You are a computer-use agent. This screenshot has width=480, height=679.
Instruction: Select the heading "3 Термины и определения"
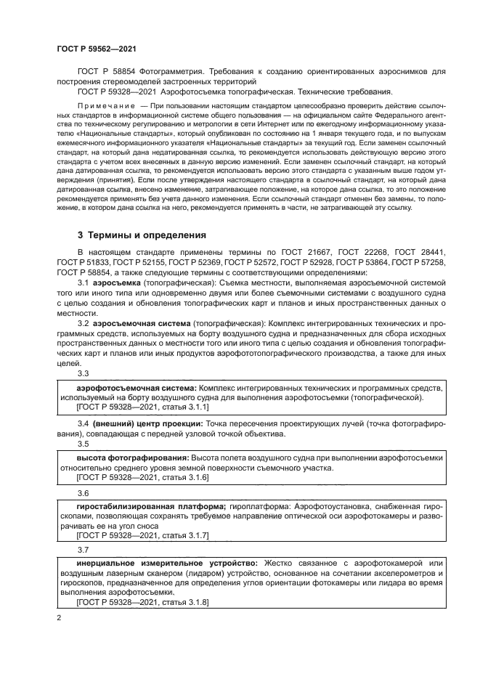tap(142, 235)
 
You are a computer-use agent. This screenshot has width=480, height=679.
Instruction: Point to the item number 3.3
tap(84, 373)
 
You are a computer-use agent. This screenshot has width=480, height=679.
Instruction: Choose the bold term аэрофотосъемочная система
tap(136, 388)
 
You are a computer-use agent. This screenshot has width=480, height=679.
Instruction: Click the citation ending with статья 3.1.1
tap(142, 408)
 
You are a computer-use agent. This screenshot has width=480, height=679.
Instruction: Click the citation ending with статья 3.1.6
tap(142, 478)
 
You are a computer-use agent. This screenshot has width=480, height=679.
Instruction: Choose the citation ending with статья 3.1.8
tap(142, 603)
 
